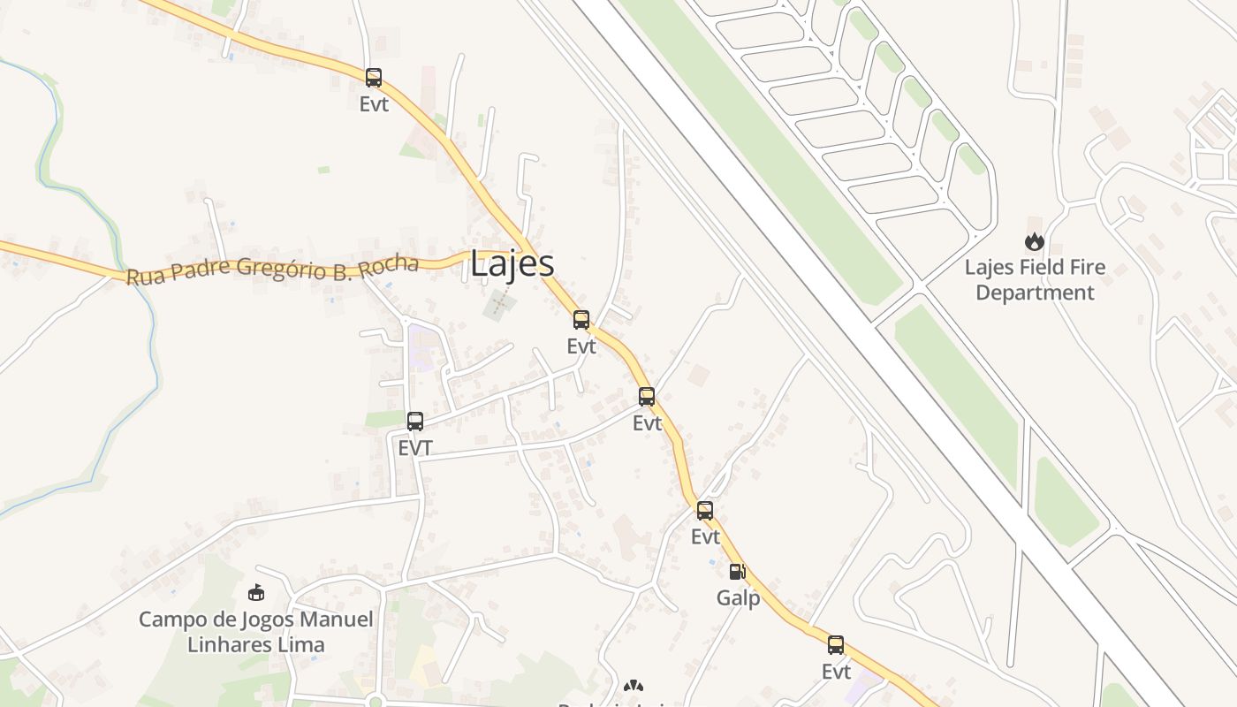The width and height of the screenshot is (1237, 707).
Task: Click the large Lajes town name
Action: click(x=512, y=264)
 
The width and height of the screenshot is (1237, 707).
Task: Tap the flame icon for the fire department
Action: click(x=1034, y=241)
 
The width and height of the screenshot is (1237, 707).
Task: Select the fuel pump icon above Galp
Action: click(x=737, y=572)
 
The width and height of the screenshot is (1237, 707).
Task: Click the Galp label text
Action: click(x=738, y=598)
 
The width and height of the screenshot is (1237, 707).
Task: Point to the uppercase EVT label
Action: click(x=414, y=448)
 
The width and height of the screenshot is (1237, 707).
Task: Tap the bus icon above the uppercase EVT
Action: click(x=414, y=422)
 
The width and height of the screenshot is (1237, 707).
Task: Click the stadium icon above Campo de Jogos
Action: click(x=256, y=592)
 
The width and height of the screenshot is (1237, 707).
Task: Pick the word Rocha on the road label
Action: click(x=390, y=264)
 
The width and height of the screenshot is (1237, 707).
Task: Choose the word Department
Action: click(x=1035, y=293)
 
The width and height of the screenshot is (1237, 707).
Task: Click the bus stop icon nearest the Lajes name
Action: click(x=581, y=320)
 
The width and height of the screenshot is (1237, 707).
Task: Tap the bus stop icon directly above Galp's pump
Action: click(x=704, y=510)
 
